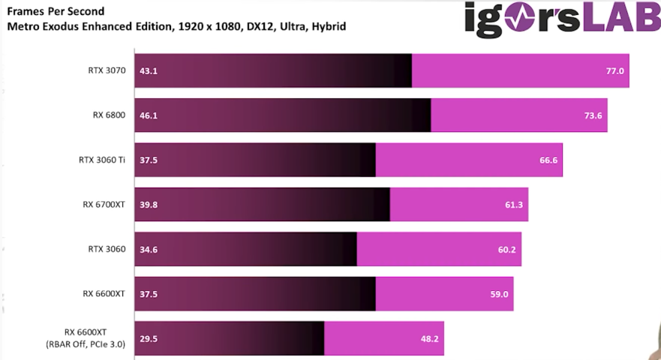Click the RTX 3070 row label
[106, 71]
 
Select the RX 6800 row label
[109, 115]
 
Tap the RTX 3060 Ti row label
[101, 160]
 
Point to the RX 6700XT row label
[104, 204]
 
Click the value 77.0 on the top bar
[614, 71]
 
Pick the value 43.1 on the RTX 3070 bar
[148, 71]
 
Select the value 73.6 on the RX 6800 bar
[593, 115]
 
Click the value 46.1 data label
[148, 115]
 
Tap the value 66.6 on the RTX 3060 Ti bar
[548, 160]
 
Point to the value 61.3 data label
[514, 205]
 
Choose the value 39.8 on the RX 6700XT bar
[148, 205]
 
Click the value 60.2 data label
[507, 249]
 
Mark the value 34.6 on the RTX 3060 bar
[148, 249]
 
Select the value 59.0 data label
[500, 294]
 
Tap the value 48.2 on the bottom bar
[430, 338]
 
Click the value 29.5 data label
[148, 338]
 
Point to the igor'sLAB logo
[561, 18]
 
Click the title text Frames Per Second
[56, 12]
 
